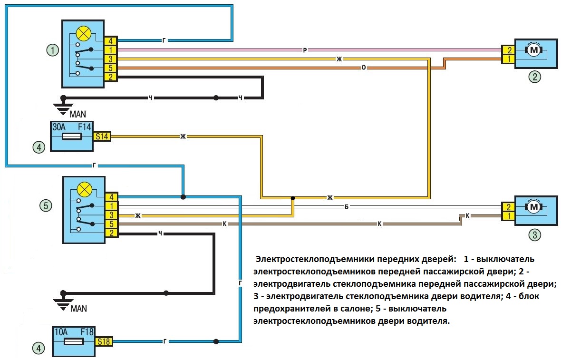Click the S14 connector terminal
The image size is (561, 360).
[102, 136]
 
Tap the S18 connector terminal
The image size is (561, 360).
[104, 342]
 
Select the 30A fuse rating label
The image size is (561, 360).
[59, 127]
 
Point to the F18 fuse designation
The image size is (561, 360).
[87, 332]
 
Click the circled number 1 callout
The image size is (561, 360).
[53, 50]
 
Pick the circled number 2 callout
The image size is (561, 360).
[534, 77]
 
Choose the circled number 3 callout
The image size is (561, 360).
[534, 235]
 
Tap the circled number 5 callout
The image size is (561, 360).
[46, 206]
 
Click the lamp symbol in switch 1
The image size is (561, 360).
[84, 34]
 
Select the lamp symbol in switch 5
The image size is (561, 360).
[85, 189]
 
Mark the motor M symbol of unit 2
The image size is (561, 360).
[534, 50]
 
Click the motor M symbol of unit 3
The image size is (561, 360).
[534, 207]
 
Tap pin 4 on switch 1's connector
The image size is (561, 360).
[111, 41]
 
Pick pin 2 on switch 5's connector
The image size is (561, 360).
[112, 233]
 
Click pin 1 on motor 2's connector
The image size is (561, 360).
[509, 58]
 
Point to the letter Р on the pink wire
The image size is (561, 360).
[305, 50]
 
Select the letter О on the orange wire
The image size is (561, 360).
[364, 67]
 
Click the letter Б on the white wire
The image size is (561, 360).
[346, 207]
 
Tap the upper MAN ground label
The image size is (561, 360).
[77, 114]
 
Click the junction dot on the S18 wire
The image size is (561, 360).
[216, 341]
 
